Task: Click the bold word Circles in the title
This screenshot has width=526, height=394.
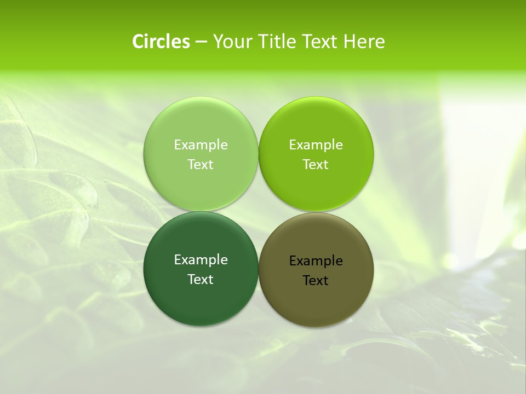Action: coord(161,42)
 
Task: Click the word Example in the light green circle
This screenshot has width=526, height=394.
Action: coord(201,145)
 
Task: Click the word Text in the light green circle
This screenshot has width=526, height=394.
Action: coord(201,165)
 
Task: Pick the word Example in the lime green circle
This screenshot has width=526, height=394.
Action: coord(316,145)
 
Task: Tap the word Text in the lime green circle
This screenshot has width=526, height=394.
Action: coord(316,165)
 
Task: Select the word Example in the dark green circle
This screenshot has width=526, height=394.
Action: coord(201,260)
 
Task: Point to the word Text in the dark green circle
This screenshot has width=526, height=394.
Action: coord(201,280)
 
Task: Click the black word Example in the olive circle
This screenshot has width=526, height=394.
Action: coord(316,261)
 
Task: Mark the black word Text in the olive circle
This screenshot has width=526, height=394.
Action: coord(316,281)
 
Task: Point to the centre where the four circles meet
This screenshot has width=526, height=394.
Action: coord(258,211)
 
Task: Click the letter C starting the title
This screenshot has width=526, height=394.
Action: coord(138,42)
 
